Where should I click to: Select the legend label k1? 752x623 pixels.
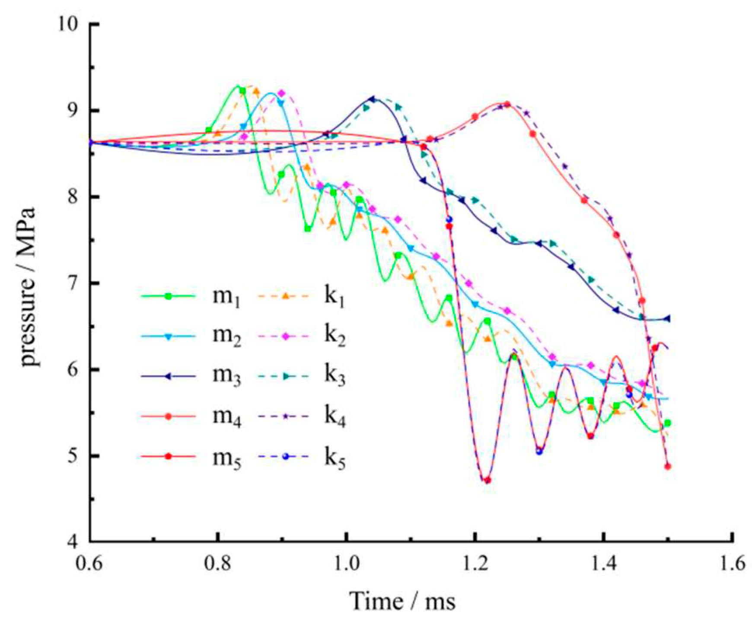(x=335, y=297)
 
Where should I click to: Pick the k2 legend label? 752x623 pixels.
(x=335, y=337)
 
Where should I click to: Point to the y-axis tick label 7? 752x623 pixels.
(x=78, y=283)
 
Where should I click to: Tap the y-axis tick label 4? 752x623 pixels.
(x=78, y=542)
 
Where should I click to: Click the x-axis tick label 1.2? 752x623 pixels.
(x=475, y=564)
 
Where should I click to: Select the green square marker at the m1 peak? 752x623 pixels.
(x=242, y=91)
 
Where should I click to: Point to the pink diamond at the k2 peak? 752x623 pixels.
(x=281, y=93)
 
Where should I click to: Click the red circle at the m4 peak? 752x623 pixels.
(x=507, y=104)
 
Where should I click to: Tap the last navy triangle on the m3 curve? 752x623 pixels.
(x=667, y=318)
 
